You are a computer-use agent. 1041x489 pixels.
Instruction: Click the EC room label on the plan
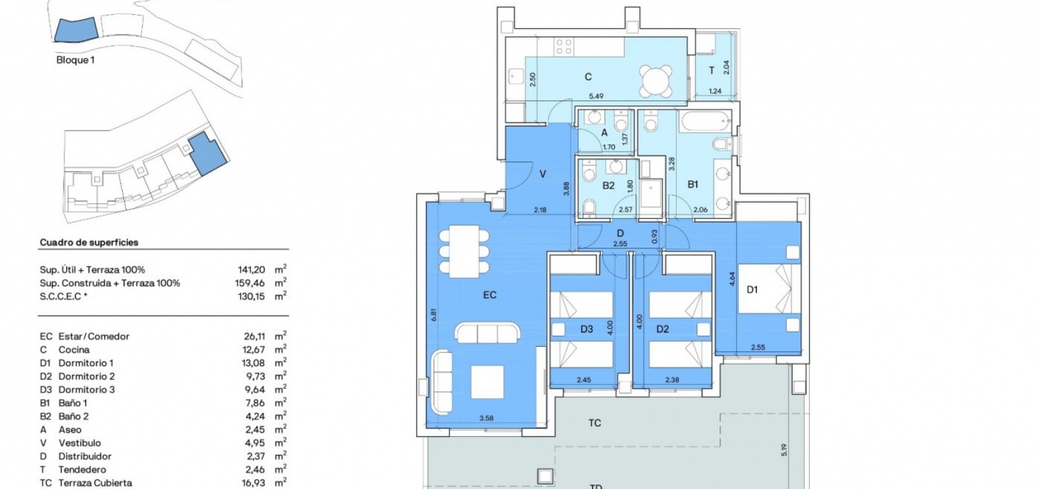click(x=490, y=295)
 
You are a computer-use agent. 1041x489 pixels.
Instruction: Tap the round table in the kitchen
click(x=655, y=80)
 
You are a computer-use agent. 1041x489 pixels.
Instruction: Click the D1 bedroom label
click(x=752, y=290)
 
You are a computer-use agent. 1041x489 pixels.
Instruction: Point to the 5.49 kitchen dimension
click(x=596, y=97)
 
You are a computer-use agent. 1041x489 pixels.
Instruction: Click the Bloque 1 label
click(x=75, y=60)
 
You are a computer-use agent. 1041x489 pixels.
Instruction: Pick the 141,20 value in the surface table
click(x=251, y=270)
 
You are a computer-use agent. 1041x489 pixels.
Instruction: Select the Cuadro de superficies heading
click(x=89, y=243)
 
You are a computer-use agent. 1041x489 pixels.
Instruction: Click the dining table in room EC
click(x=464, y=251)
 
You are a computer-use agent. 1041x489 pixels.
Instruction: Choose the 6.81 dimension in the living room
click(x=434, y=315)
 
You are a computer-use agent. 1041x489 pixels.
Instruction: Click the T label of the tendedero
click(x=711, y=71)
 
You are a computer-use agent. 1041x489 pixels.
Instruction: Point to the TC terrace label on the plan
click(x=595, y=423)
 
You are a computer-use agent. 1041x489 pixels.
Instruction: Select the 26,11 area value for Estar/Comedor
click(x=254, y=337)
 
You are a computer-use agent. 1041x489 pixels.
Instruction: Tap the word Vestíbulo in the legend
click(x=80, y=443)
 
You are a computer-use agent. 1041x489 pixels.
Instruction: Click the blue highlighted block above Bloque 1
click(x=76, y=30)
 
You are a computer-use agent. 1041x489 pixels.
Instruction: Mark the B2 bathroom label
click(x=609, y=186)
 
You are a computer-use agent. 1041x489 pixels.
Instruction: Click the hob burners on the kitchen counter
click(x=564, y=46)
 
